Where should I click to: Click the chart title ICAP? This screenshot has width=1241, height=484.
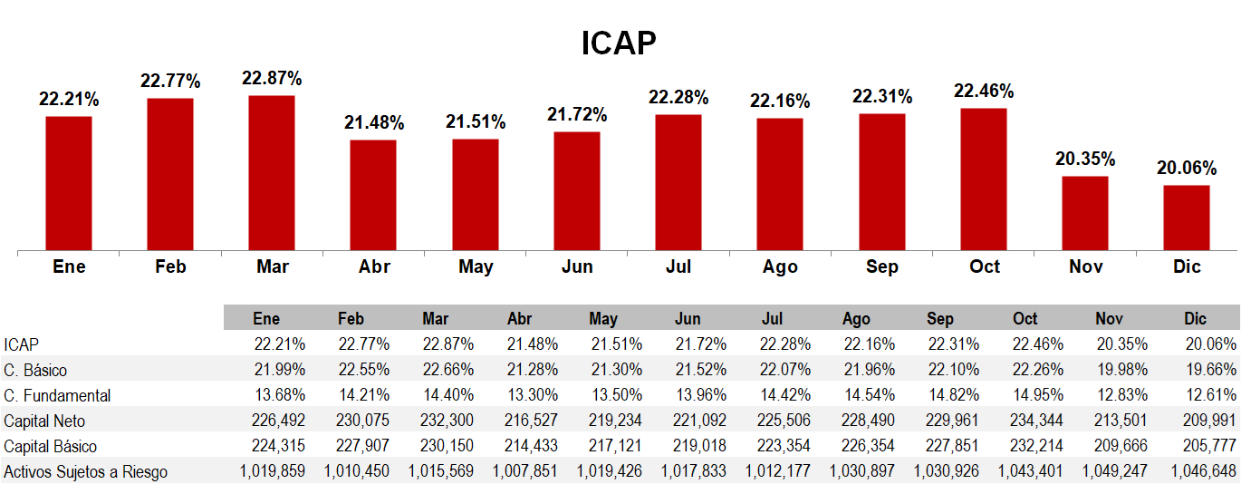tap(619, 43)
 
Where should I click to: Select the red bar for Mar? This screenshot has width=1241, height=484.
tap(272, 172)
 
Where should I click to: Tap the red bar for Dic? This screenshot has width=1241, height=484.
tap(1187, 218)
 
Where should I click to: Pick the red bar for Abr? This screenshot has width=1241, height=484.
tap(373, 195)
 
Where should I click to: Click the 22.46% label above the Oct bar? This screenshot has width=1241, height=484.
tap(984, 91)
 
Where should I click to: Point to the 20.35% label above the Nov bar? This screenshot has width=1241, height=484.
tap(1085, 159)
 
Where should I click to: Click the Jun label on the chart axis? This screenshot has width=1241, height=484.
tap(577, 266)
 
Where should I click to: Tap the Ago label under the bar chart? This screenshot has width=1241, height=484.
tap(780, 266)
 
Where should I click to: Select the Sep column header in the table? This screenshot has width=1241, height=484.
tap(940, 319)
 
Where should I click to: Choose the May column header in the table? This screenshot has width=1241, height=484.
tap(603, 319)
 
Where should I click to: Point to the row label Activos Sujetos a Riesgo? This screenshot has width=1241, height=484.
tap(86, 471)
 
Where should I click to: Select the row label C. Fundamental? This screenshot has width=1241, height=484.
tap(57, 395)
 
